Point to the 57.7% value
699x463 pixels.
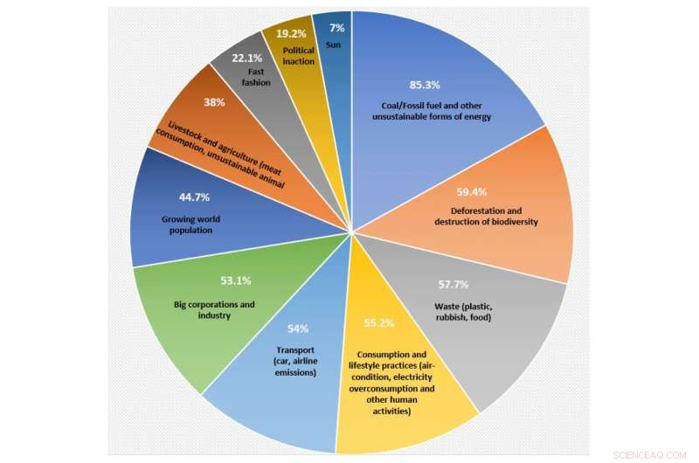(453, 285)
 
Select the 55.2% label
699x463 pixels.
(378, 323)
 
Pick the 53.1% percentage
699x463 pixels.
(236, 281)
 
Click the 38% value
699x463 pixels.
(215, 102)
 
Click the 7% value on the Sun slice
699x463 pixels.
(336, 28)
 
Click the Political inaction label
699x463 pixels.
(299, 56)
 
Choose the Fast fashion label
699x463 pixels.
(256, 77)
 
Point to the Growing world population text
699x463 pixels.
(187, 225)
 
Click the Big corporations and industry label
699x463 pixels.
(214, 309)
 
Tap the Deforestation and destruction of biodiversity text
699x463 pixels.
(485, 216)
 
